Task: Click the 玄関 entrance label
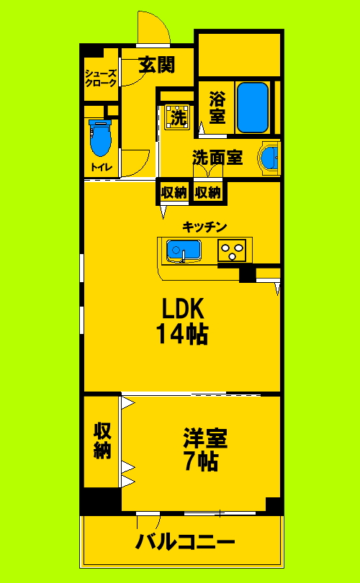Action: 156,65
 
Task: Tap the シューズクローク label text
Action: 101,78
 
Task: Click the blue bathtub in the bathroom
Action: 253,107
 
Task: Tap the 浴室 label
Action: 217,107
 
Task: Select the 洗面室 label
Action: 217,156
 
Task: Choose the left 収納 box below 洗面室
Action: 174,192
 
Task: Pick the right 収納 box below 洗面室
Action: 208,192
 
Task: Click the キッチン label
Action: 205,227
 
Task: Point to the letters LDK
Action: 184,309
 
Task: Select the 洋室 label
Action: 205,437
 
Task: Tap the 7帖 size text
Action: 201,461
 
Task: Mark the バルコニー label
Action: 185,541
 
